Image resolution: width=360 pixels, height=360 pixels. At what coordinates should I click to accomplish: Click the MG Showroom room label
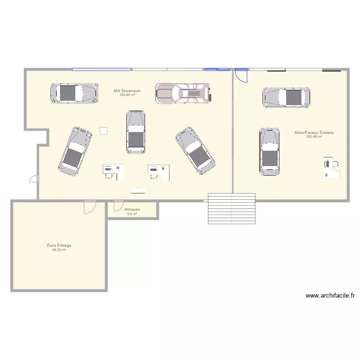click(127, 90)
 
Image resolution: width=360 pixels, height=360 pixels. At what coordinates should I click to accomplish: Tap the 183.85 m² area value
click(127, 95)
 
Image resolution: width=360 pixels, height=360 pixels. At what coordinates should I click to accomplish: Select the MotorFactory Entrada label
click(314, 132)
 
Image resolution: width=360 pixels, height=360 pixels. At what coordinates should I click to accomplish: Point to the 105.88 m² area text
click(314, 137)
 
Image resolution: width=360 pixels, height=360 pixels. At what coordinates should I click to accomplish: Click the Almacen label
click(132, 210)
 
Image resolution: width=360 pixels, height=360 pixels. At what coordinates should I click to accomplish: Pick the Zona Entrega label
click(59, 245)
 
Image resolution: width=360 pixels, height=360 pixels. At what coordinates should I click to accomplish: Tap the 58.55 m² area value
click(59, 250)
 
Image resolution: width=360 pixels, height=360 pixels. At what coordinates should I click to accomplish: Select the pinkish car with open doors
click(183, 93)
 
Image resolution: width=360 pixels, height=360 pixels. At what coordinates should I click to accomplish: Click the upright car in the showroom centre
click(135, 132)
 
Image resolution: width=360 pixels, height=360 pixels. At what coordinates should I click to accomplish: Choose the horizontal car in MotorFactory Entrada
click(286, 97)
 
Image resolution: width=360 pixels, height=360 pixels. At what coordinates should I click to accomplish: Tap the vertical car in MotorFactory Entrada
click(269, 151)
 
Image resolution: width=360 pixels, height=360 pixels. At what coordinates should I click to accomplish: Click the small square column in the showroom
click(103, 131)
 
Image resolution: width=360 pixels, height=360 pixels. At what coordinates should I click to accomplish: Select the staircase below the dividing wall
click(231, 207)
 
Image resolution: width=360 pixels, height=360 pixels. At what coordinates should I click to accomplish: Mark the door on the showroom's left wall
click(35, 179)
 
